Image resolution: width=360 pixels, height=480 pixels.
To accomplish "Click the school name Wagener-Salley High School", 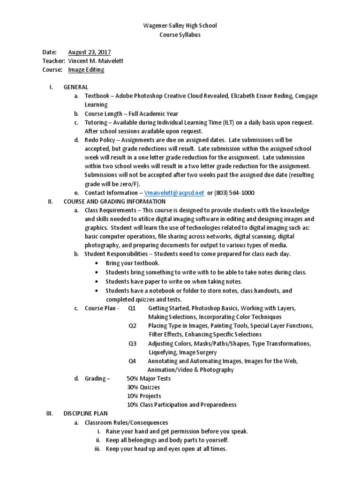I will pos(180,25).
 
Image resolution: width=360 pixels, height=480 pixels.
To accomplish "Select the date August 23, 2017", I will pos(90,52).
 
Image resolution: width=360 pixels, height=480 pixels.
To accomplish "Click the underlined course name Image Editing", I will pos(86,70).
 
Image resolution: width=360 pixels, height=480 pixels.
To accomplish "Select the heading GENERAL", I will pos(76,87).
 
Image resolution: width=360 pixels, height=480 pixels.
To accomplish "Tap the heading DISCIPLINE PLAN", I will pos(85,413).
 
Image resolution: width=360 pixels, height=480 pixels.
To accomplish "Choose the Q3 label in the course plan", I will pos(132,344).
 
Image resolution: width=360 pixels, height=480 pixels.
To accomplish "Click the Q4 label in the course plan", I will pos(132,361).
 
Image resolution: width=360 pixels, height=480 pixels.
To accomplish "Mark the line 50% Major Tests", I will pos(149,378).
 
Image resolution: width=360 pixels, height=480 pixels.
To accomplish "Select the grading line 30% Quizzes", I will pos(143,387).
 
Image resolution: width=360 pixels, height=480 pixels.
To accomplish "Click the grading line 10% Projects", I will pos(143,396).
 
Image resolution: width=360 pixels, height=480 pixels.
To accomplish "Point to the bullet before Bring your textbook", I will pos(96,263).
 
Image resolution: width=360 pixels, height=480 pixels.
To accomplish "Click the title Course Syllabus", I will pos(180,35).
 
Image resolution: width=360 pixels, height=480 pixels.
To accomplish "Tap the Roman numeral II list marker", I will pos(51,202).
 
